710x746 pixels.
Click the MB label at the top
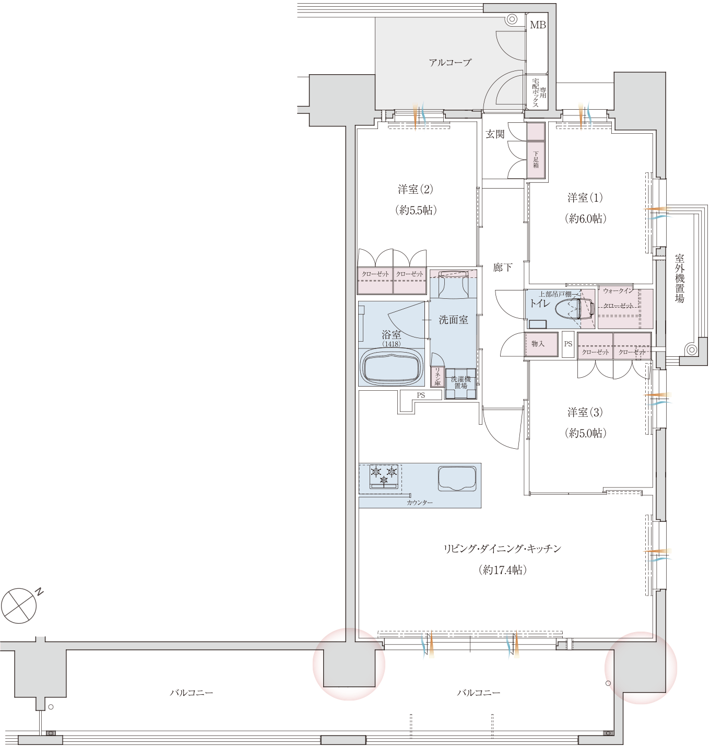(538, 25)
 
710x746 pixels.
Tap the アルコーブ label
(450, 62)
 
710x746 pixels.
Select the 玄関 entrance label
(495, 134)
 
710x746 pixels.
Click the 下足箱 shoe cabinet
(536, 159)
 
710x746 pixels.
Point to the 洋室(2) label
(416, 189)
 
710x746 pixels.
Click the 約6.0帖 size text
(585, 218)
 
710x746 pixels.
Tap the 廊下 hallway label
(503, 267)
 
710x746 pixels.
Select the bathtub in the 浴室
(392, 367)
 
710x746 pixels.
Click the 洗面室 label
(453, 320)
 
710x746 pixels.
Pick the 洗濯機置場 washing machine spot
(460, 383)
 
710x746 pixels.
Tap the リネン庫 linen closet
(437, 377)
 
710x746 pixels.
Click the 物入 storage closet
(541, 344)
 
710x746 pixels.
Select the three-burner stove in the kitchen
(383, 476)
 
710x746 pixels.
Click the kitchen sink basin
(457, 479)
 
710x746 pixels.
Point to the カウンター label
(420, 503)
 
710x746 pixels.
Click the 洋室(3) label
(585, 412)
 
